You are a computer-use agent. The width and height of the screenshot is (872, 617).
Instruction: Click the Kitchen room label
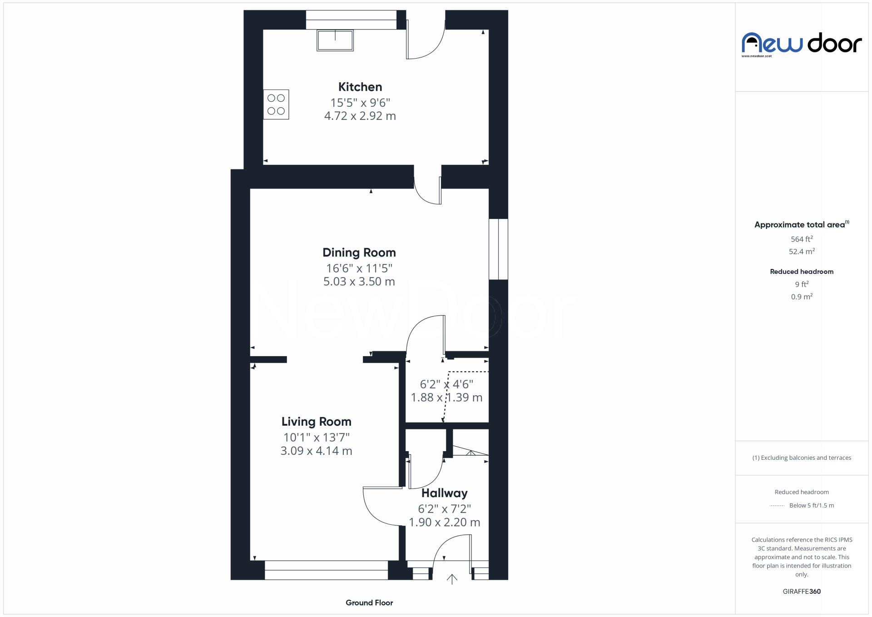(360, 87)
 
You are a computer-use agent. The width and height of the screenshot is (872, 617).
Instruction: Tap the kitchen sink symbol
(335, 40)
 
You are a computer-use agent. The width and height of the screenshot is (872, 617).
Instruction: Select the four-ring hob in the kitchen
(276, 104)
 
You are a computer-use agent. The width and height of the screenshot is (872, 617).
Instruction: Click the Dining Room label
(359, 253)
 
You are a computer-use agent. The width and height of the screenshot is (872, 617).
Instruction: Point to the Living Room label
(316, 422)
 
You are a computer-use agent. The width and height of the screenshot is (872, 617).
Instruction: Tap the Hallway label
(444, 493)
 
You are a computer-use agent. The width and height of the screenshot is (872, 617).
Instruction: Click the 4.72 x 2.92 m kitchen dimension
(360, 116)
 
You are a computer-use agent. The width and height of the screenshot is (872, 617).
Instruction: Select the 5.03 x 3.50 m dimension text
(359, 282)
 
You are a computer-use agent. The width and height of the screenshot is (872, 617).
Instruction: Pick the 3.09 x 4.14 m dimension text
(316, 451)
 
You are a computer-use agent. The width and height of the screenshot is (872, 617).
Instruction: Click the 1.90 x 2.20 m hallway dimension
(444, 522)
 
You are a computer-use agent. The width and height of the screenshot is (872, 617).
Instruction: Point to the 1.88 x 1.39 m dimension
(446, 398)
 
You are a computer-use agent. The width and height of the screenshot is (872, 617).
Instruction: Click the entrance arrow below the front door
(452, 579)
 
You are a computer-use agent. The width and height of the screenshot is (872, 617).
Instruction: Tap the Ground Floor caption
(369, 602)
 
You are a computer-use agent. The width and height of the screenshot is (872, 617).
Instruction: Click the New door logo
(802, 44)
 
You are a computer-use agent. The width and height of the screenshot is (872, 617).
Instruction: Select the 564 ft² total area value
(802, 239)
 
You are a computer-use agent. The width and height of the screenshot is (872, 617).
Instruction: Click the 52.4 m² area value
(802, 251)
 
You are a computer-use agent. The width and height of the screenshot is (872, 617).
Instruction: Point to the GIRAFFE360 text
(802, 591)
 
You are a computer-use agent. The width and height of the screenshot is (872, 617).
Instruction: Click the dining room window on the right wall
(498, 249)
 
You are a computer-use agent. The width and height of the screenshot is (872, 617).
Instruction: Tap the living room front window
(326, 570)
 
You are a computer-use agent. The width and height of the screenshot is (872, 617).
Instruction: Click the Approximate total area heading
(800, 224)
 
